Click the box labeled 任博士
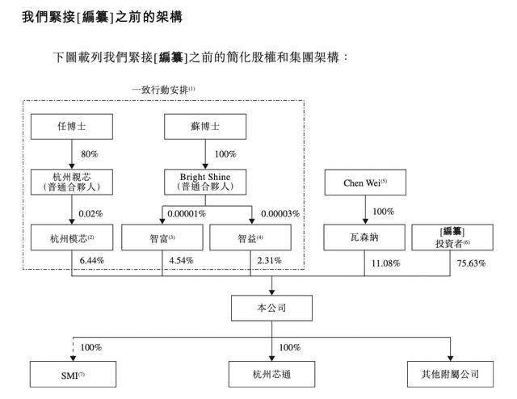[71, 127]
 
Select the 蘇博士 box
[204, 127]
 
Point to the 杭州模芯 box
[71, 237]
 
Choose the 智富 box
[161, 237]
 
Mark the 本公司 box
[271, 308]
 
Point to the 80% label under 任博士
[89, 153]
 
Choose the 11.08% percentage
[385, 263]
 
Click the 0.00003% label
[280, 213]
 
